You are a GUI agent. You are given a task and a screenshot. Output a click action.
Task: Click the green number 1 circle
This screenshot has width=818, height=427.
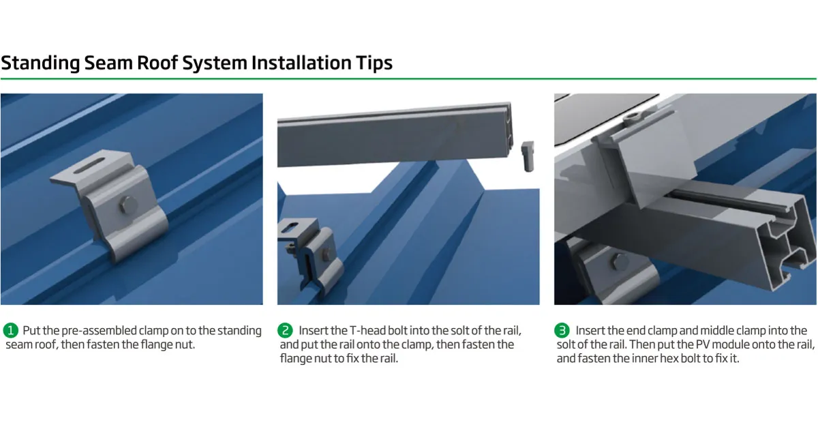pyautogui.click(x=11, y=331)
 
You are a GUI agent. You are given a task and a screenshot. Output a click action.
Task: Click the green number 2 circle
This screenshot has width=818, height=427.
pyautogui.click(x=285, y=331)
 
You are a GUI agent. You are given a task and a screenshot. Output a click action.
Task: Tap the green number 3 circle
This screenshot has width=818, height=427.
pyautogui.click(x=562, y=331)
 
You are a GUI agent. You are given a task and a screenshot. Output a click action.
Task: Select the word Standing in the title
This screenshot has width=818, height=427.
pyautogui.click(x=40, y=63)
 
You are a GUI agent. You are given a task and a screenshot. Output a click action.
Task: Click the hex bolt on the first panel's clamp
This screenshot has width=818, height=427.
pyautogui.click(x=128, y=205)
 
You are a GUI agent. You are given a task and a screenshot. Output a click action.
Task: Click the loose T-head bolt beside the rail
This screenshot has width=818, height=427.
pyautogui.click(x=528, y=156)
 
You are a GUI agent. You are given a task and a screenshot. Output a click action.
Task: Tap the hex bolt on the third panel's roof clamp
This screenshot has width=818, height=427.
pyautogui.click(x=620, y=261)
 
